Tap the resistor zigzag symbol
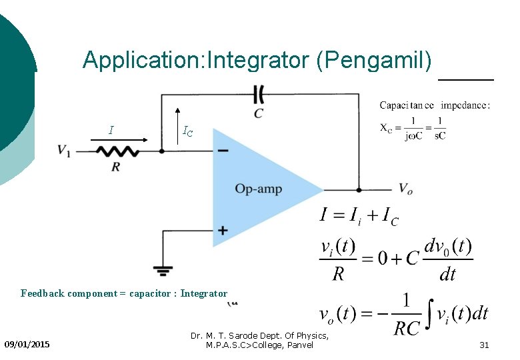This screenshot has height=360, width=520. click(x=117, y=151)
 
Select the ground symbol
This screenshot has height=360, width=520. click(x=163, y=271)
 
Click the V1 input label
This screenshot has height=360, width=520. click(x=64, y=151)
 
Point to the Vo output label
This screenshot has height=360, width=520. click(x=405, y=189)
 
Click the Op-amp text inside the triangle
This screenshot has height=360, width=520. click(x=259, y=189)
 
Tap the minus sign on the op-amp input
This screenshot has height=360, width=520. click(x=223, y=151)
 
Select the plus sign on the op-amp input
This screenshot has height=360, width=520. click(x=223, y=231)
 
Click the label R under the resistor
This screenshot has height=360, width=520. click(x=116, y=167)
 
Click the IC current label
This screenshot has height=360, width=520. click(x=188, y=131)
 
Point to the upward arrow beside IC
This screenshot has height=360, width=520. click(x=177, y=123)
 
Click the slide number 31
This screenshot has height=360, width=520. click(x=485, y=345)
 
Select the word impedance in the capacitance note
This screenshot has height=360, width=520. click(x=465, y=105)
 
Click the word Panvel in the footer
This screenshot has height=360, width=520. click(x=297, y=345)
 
